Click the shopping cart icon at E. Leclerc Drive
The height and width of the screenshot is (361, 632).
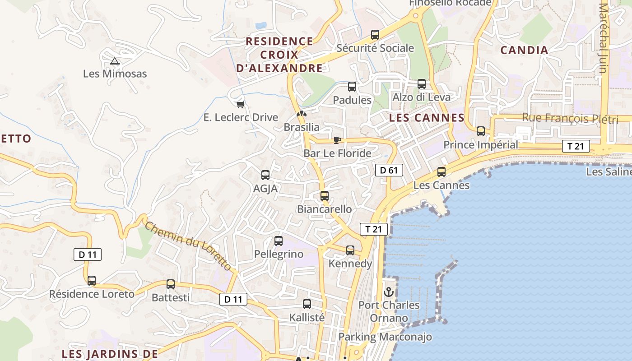[x=240, y=104]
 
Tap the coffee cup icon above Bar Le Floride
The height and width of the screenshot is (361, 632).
[x=337, y=140]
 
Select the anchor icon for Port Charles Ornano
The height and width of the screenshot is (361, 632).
[x=389, y=292]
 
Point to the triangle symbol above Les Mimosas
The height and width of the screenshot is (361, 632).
[x=114, y=61]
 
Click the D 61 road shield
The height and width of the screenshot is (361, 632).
[x=389, y=170]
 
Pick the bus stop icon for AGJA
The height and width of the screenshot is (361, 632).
[x=265, y=175]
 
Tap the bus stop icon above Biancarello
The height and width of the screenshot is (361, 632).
[x=324, y=196]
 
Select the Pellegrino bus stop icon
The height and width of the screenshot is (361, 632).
[x=279, y=241]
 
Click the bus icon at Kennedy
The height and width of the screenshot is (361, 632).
[x=350, y=250]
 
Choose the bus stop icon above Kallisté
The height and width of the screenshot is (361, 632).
[x=307, y=304]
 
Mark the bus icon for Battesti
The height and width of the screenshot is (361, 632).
[x=170, y=284]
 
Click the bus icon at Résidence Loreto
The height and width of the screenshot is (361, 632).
[x=92, y=281]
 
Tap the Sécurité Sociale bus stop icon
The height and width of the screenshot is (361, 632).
[x=375, y=34]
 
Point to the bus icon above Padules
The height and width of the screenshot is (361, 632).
[x=352, y=87]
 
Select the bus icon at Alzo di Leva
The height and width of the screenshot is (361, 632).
[x=421, y=84]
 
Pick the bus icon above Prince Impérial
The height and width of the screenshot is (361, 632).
[x=481, y=131]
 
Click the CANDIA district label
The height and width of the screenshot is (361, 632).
[x=524, y=50]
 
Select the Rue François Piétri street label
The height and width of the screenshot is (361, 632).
[x=570, y=118]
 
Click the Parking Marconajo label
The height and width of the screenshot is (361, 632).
[x=385, y=337]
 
